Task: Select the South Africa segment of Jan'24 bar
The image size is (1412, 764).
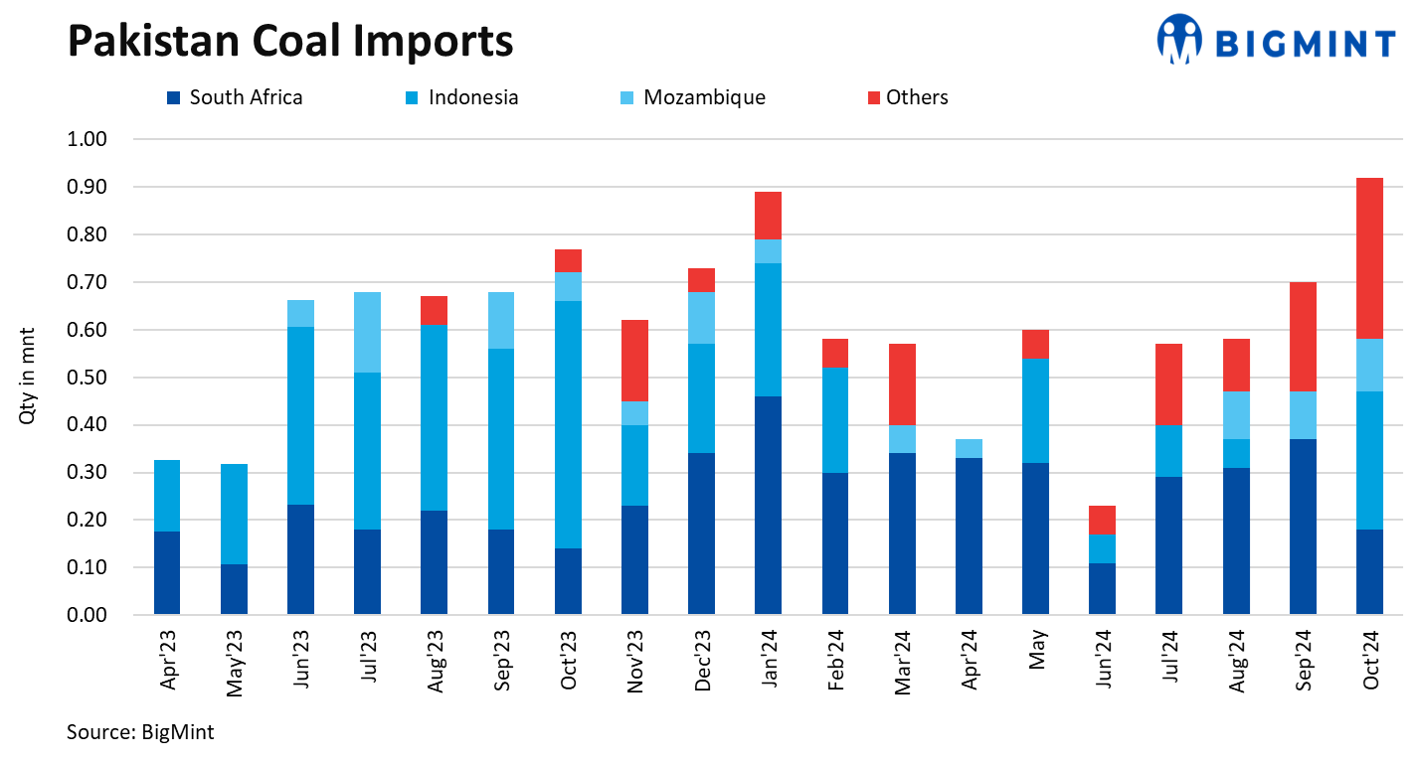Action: tap(768, 505)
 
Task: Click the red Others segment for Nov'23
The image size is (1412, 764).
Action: tap(634, 360)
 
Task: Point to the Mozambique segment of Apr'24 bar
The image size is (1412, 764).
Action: tap(969, 448)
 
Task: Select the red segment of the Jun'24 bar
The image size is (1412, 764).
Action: tap(1102, 520)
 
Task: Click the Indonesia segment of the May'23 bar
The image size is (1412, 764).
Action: tap(234, 514)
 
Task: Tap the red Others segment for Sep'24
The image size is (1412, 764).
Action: tap(1303, 337)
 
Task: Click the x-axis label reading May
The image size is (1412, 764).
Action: tap(1036, 651)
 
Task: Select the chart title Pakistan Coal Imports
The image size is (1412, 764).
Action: tap(289, 41)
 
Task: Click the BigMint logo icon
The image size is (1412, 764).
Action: tap(1180, 40)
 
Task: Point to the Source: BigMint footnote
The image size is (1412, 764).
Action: tap(140, 733)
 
